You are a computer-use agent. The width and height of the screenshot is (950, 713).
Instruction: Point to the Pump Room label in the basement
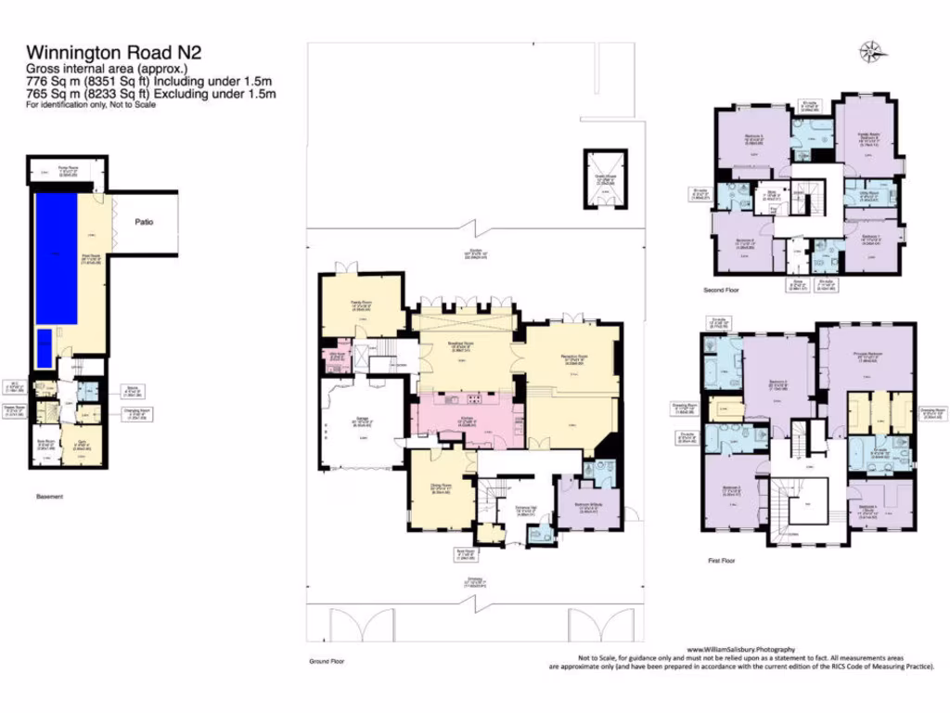(x=66, y=171)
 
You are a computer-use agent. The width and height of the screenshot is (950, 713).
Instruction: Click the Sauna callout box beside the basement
(x=135, y=392)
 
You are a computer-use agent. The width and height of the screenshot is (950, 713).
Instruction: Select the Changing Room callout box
(x=135, y=416)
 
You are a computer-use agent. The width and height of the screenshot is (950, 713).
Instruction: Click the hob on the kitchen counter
(x=474, y=400)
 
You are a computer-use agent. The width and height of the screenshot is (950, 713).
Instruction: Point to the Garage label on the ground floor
(x=362, y=421)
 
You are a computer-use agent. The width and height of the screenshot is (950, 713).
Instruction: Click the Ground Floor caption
(x=327, y=661)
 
